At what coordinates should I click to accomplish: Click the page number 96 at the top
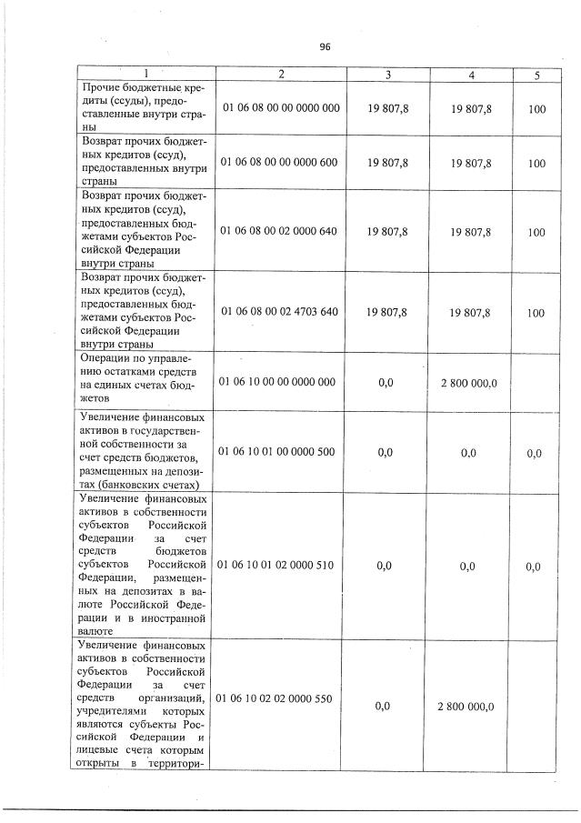[x=325, y=48]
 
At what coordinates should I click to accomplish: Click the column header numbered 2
[x=281, y=75]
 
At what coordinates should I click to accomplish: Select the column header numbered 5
[x=536, y=75]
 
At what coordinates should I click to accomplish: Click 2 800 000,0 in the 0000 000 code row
[x=468, y=383]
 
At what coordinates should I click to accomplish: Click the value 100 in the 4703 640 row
[x=536, y=313]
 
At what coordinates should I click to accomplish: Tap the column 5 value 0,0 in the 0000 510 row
[x=534, y=567]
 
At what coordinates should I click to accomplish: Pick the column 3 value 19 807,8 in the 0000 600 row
[x=388, y=163]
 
